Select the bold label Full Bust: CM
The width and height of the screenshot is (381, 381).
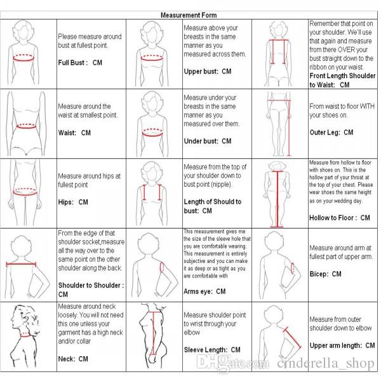point(79,62)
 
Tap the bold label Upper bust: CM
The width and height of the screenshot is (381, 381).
point(207,71)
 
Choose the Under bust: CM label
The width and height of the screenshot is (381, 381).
point(207,140)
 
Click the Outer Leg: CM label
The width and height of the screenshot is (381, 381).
point(331,132)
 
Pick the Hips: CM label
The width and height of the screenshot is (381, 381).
point(73,201)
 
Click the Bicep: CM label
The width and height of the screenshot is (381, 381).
point(325,274)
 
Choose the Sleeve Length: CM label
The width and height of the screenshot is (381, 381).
point(212,349)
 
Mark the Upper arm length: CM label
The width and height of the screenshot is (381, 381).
point(342,345)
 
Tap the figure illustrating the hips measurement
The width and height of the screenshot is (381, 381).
point(29,190)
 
